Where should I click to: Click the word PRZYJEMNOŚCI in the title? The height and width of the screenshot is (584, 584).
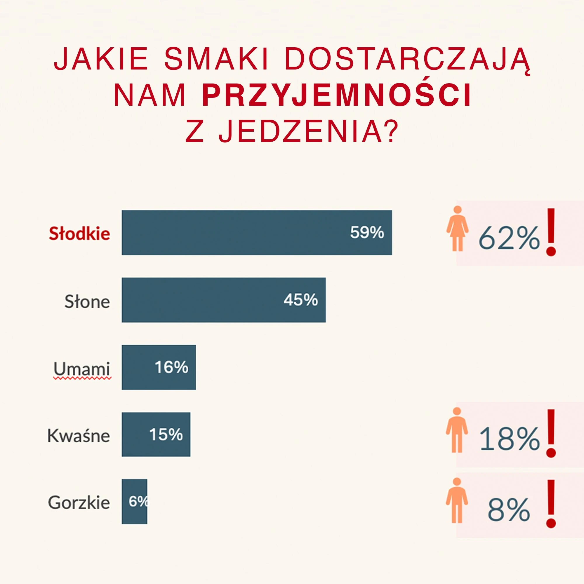click(x=336, y=96)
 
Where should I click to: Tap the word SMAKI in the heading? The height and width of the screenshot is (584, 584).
click(x=216, y=59)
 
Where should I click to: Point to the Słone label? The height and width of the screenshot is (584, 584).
click(x=87, y=302)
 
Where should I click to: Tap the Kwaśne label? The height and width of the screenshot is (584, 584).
click(x=79, y=436)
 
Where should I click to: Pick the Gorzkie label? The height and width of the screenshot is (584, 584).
click(x=79, y=503)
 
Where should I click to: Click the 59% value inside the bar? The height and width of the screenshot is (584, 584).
click(x=367, y=233)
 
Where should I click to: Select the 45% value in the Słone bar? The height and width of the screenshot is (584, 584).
click(x=300, y=300)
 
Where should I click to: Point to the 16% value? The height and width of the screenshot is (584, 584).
click(x=171, y=368)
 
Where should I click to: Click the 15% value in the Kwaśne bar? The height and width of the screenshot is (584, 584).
click(x=166, y=435)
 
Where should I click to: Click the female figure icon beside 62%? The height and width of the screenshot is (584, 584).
click(x=457, y=229)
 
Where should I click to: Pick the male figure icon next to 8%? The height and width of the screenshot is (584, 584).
click(x=457, y=500)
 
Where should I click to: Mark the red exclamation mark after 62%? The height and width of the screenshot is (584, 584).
click(x=551, y=232)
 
